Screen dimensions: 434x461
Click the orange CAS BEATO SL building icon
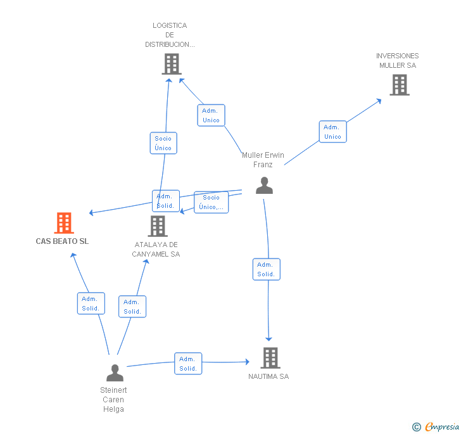coord(64,223)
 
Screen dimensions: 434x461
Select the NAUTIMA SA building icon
coord(270,358)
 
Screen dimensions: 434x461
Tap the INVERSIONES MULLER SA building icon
coord(399,85)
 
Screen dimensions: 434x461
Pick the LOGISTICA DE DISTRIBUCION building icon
coord(172,64)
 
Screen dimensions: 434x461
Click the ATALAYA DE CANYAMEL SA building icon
coord(158,226)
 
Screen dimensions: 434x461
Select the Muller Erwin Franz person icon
coord(264,185)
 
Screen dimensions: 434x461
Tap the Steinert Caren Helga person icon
coord(115,373)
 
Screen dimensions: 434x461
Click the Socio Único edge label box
coord(163,143)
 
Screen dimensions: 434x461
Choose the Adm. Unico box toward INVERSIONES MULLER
coord(332,131)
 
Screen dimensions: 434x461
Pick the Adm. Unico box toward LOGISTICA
coord(211,115)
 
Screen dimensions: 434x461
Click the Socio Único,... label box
coord(211,202)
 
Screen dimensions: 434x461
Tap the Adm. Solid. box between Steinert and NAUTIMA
coord(188,364)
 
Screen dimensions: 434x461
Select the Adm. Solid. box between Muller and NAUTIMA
coord(266,269)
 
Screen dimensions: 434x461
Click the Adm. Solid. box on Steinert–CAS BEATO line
coord(91,303)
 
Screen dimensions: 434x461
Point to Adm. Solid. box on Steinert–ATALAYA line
coord(132,307)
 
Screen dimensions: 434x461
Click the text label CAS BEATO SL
coord(62,241)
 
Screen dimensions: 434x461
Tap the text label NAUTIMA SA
coord(268,376)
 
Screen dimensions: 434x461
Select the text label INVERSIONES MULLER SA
coord(398,61)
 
